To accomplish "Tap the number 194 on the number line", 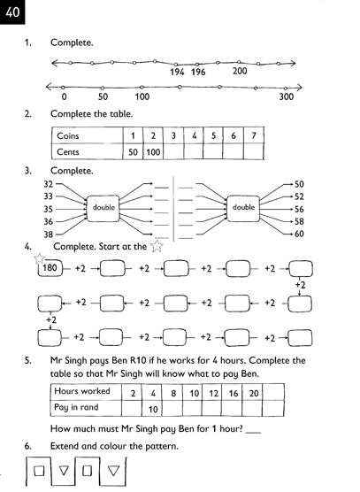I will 177,72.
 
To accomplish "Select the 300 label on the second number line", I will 286,96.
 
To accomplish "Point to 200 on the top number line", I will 239,71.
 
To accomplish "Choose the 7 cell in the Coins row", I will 253,137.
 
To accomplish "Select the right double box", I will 244,207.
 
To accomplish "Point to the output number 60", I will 298,234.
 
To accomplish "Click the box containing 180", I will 50,267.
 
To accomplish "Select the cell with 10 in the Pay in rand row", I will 153,408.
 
